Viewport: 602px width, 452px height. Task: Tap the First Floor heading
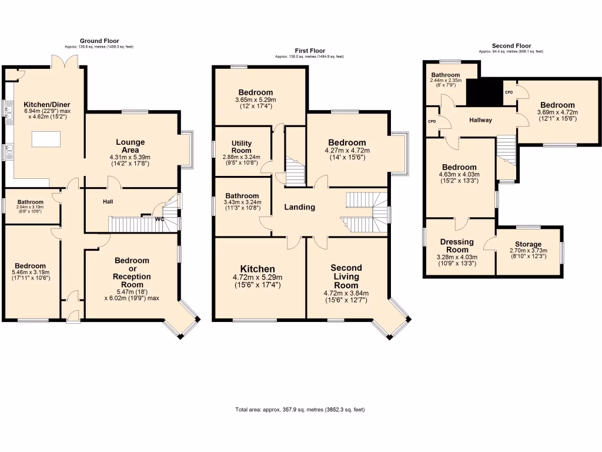coord(309,51)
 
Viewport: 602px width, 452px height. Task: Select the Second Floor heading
coord(511,46)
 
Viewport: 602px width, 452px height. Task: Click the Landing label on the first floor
coord(300,207)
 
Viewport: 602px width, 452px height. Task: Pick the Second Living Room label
coord(346,277)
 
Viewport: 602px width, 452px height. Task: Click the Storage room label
coord(528,244)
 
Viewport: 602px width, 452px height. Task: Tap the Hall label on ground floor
coord(108,201)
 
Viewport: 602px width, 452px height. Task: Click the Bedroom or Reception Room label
coord(132,268)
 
